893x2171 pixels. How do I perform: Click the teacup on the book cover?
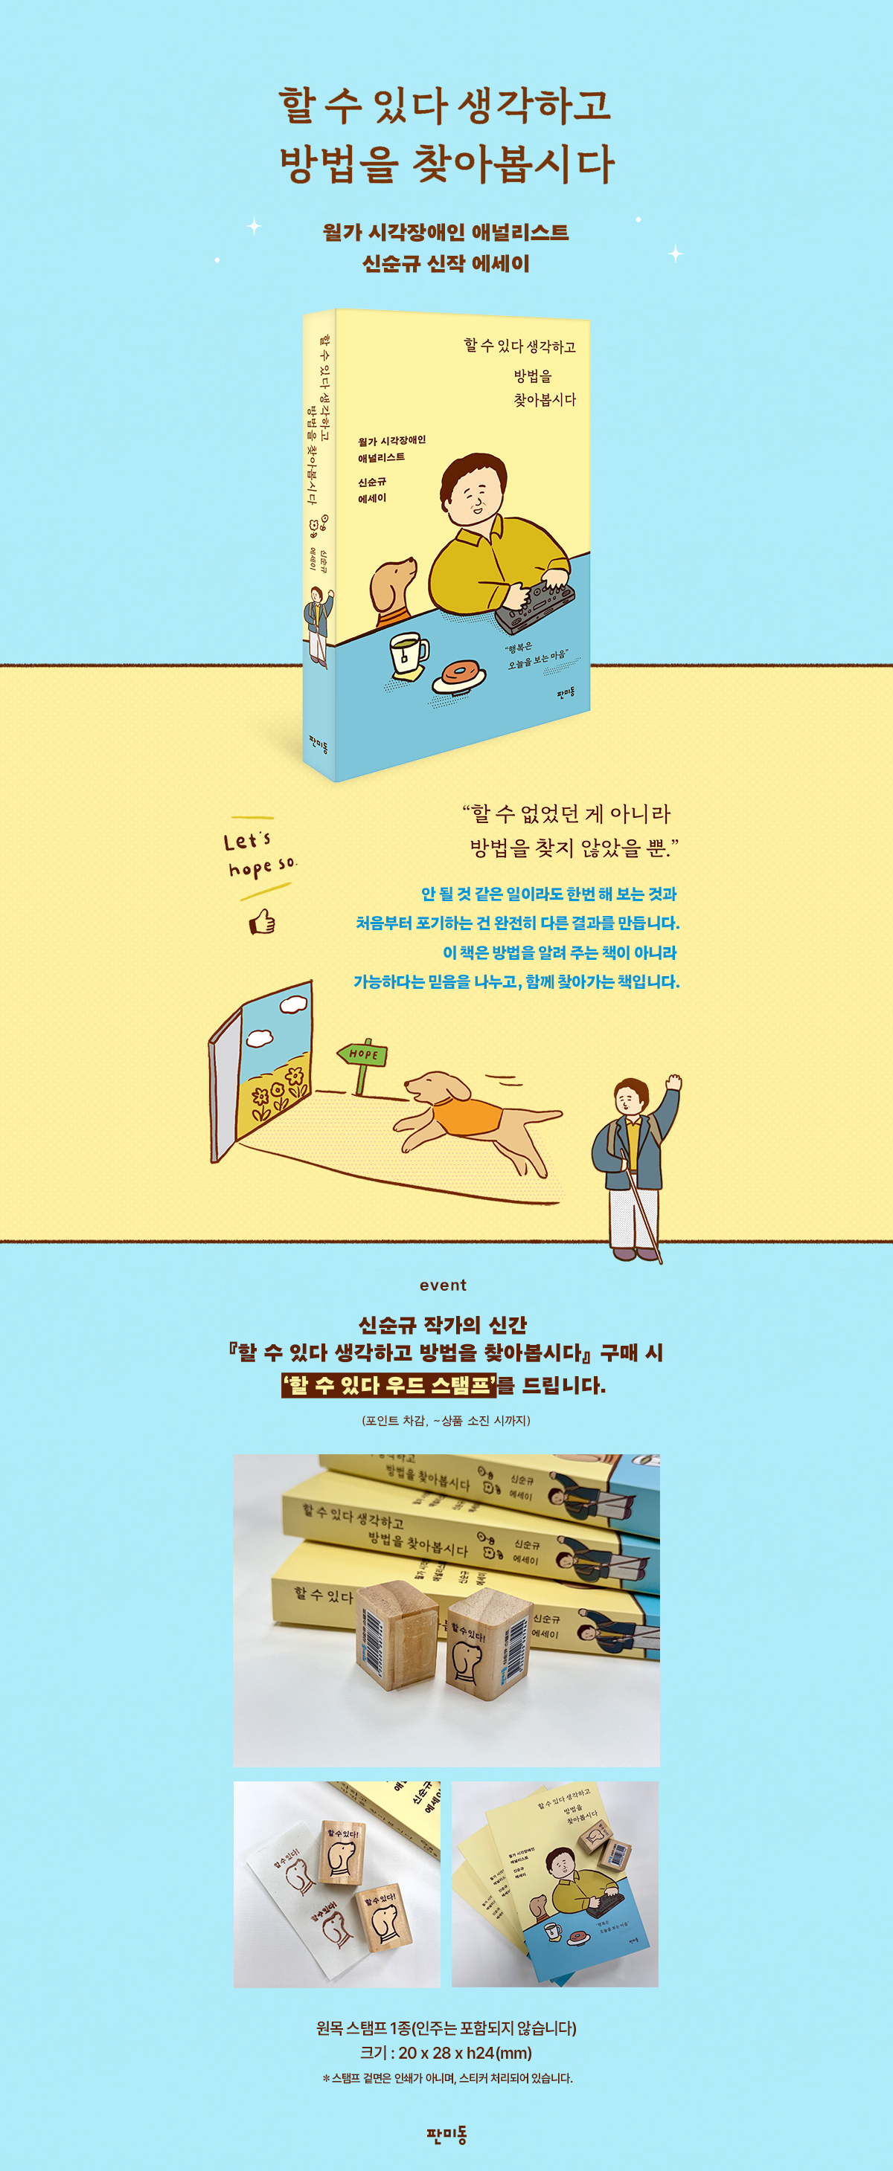tap(407, 651)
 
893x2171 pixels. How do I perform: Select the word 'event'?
tap(443, 1285)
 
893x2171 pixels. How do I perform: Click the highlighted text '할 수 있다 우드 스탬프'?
tap(388, 1384)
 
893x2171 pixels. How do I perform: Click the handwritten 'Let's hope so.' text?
tap(260, 853)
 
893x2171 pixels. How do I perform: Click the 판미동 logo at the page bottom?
tap(446, 2134)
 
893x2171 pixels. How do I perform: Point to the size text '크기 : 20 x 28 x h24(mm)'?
tap(446, 2053)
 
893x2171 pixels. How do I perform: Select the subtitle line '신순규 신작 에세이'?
tap(446, 264)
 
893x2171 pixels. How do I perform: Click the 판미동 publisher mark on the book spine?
tap(319, 743)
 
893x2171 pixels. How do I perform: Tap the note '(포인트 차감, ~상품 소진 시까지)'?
tap(446, 1421)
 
